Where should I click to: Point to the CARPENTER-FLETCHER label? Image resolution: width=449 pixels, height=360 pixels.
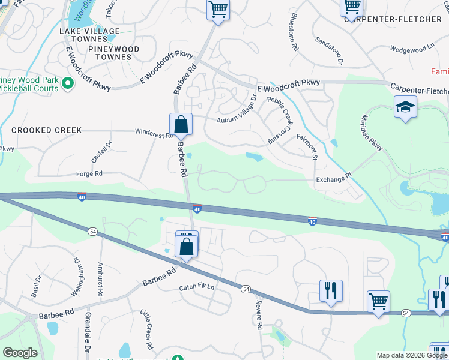[x=393, y=19]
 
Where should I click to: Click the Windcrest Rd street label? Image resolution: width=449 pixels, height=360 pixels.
[x=154, y=134]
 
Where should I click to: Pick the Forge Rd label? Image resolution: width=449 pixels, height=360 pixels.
[x=89, y=174]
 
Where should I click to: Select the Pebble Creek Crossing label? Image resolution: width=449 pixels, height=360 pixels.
[x=280, y=121]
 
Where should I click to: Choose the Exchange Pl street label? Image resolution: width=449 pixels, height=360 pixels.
[x=333, y=179]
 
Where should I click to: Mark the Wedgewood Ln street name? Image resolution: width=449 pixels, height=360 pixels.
[x=412, y=47]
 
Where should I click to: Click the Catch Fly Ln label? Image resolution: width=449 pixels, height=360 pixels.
[x=196, y=287]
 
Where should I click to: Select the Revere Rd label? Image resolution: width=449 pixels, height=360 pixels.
[x=259, y=316]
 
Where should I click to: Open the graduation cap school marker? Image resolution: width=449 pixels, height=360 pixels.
[x=405, y=109]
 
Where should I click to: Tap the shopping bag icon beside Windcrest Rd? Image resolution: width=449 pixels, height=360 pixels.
[x=181, y=125]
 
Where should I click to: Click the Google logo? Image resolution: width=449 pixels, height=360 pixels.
[x=19, y=353]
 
